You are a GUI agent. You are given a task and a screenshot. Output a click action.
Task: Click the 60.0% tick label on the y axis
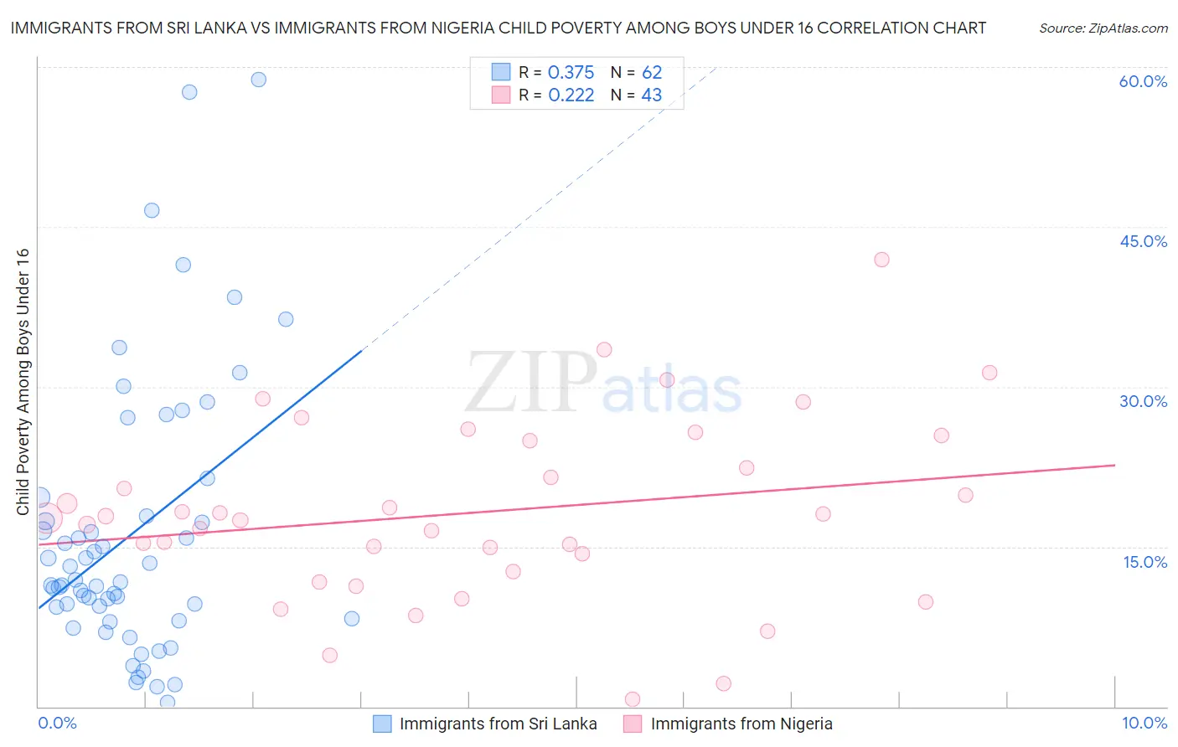[1143, 81]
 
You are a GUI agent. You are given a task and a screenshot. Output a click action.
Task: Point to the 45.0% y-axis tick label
[1143, 241]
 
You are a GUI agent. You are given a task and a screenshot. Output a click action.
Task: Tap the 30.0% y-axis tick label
[1143, 401]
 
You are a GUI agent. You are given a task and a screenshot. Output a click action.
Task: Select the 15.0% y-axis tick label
[1144, 562]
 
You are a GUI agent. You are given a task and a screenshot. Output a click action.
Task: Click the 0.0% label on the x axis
[57, 723]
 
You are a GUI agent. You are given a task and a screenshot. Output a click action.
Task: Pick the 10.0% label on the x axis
[1144, 723]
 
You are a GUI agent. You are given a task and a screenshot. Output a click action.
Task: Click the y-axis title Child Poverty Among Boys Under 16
[23, 382]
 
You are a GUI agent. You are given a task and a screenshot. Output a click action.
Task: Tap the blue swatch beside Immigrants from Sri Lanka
[382, 724]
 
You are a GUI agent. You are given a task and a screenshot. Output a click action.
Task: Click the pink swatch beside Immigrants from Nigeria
[633, 724]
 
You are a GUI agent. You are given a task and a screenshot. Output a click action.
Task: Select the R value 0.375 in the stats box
[571, 72]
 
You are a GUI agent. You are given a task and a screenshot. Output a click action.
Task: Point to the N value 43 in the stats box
[651, 95]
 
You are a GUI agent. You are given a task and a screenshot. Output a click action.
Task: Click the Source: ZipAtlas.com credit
[1103, 28]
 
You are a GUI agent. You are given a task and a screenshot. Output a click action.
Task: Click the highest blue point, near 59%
[259, 80]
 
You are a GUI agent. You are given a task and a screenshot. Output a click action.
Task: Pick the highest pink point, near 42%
[881, 260]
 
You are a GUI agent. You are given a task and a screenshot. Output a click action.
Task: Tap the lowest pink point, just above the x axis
[633, 699]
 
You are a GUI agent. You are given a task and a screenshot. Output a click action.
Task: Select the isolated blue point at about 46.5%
[152, 210]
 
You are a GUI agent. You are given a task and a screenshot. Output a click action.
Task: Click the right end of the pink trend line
[1115, 465]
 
